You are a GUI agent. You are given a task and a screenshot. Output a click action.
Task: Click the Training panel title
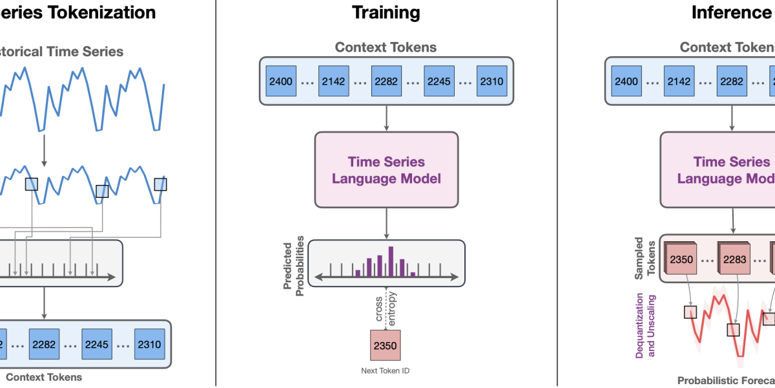tap(386, 12)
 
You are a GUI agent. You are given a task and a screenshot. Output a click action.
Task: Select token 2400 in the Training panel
tap(280, 81)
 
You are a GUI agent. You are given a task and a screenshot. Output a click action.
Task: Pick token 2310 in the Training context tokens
tap(491, 81)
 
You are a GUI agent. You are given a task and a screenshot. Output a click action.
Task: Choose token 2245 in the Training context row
tap(438, 81)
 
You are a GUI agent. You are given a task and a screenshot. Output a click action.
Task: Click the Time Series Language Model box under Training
tap(386, 170)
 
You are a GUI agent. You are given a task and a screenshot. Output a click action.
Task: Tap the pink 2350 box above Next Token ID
tap(386, 345)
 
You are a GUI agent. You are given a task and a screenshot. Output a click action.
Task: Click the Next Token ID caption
tap(386, 371)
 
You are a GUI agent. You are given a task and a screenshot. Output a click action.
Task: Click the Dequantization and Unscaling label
tap(646, 325)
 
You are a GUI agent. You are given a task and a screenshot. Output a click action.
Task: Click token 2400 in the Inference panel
tap(626, 81)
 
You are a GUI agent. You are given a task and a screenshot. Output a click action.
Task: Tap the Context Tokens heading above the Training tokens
tap(386, 47)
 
